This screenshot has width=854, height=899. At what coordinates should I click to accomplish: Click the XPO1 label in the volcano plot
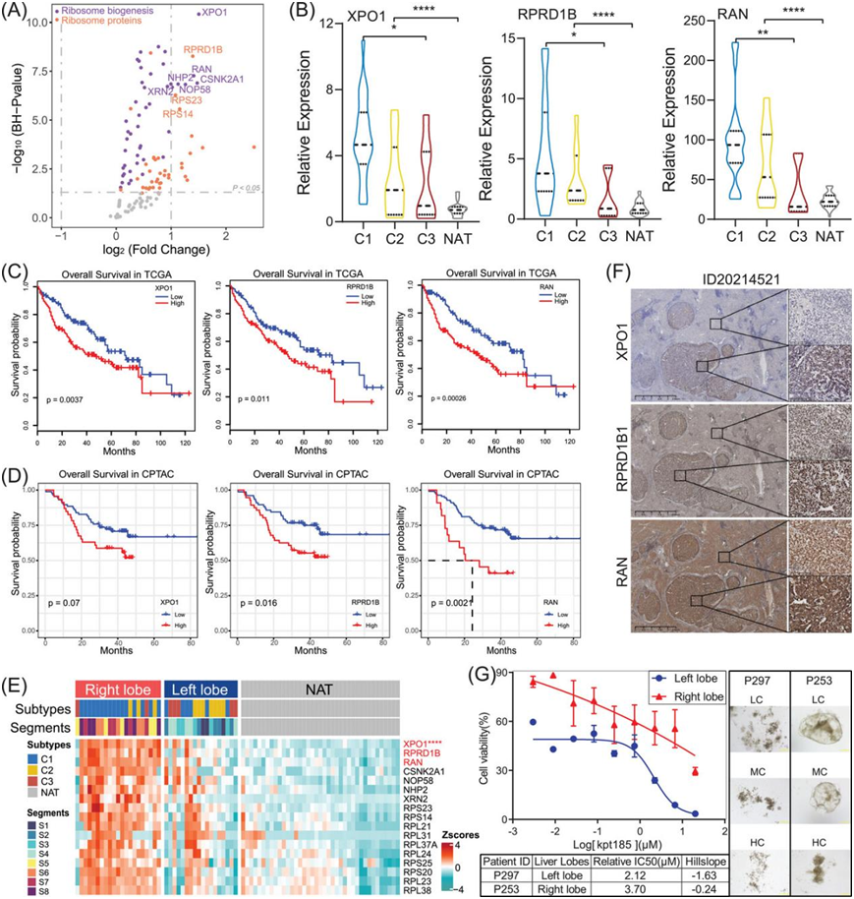pyautogui.click(x=213, y=14)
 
